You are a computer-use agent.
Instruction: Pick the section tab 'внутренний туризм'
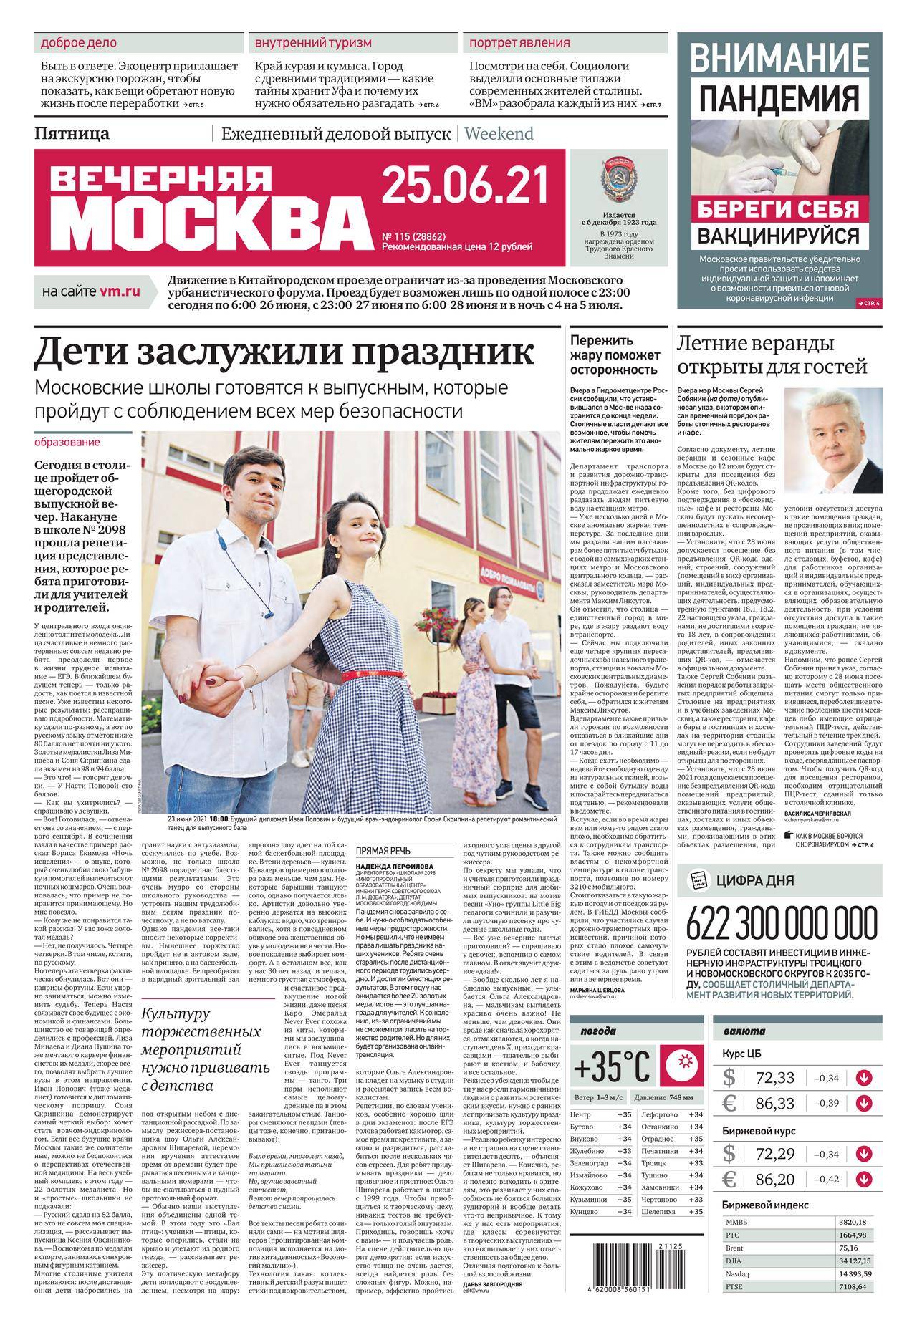coord(313,43)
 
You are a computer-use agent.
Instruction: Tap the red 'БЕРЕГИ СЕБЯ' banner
coord(779,208)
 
